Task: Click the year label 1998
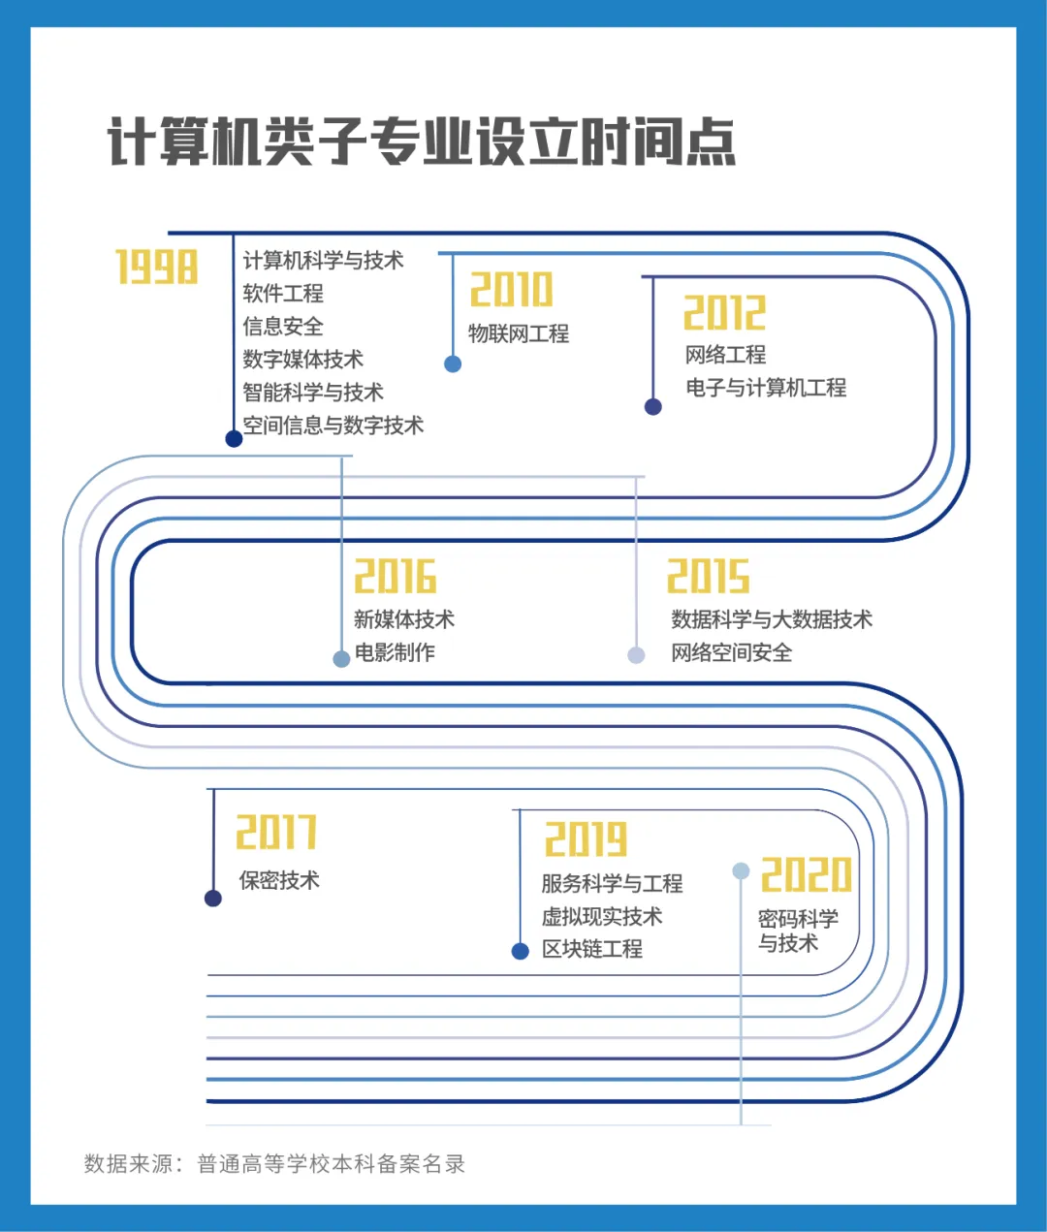point(156,266)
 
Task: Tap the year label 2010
point(512,289)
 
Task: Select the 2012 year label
point(724,312)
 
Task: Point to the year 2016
point(396,576)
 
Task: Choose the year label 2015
point(709,576)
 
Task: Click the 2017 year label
point(276,832)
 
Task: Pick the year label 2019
point(587,839)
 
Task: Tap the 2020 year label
point(807,874)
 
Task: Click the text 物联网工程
point(519,333)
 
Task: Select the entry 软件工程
point(283,294)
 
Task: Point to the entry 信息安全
point(283,326)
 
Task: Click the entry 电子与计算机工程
point(766,388)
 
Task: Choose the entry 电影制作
point(395,652)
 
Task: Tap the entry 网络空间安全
point(732,652)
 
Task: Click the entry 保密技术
point(279,880)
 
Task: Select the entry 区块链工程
point(592,949)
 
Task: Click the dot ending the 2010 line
point(453,363)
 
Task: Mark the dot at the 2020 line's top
point(741,870)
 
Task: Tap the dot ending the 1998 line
point(234,439)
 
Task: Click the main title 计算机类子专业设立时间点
point(422,142)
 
